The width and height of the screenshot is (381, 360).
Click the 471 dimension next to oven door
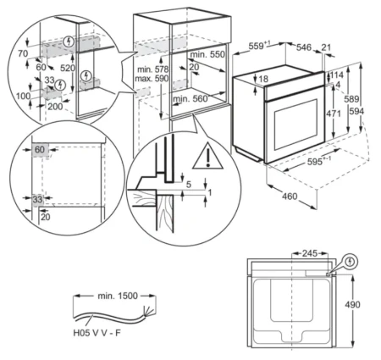pyautogui.click(x=334, y=114)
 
